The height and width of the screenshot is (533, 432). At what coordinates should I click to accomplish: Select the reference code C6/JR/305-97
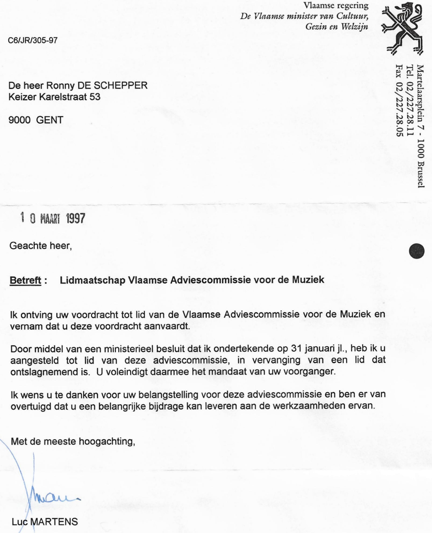(33, 40)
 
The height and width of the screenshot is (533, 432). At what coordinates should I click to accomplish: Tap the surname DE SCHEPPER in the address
(112, 85)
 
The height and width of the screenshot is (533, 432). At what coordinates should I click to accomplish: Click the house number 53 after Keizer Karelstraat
(95, 97)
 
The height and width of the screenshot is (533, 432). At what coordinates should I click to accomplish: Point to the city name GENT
(49, 120)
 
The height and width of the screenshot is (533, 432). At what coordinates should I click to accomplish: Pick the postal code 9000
(19, 120)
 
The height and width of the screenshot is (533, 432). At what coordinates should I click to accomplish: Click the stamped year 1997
(76, 218)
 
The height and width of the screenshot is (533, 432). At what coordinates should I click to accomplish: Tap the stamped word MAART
(50, 219)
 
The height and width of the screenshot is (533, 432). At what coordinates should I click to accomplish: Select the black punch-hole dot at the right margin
(416, 251)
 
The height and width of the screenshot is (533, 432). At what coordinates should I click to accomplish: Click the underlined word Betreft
(26, 280)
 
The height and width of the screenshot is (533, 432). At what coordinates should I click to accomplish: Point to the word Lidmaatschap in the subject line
(92, 280)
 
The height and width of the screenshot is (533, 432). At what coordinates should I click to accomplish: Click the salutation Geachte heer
(40, 246)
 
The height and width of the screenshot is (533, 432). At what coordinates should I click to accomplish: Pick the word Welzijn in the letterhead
(355, 27)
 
